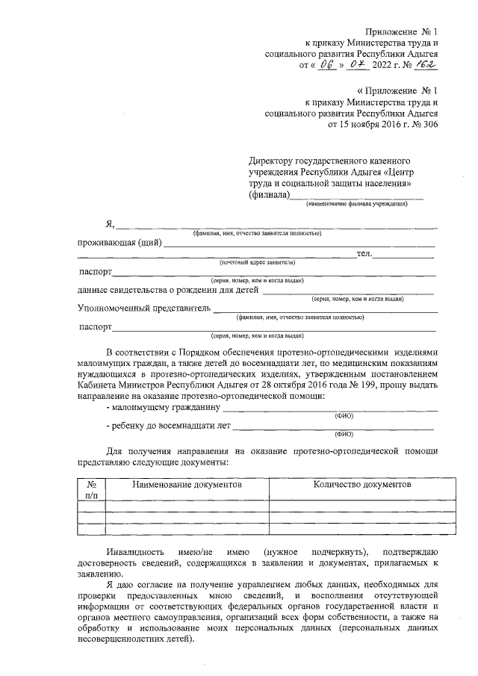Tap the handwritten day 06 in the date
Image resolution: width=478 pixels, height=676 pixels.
(325, 66)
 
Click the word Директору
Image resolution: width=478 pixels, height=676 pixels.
(272, 160)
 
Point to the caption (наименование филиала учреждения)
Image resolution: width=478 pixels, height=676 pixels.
(356, 204)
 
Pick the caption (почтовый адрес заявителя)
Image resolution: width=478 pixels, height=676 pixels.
(257, 263)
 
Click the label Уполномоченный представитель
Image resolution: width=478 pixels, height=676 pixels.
(143, 308)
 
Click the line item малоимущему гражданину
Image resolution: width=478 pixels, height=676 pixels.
(164, 408)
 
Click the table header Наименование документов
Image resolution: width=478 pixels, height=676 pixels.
(187, 484)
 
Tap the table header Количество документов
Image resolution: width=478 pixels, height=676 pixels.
(362, 484)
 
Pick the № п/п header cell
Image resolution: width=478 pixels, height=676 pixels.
(91, 489)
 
